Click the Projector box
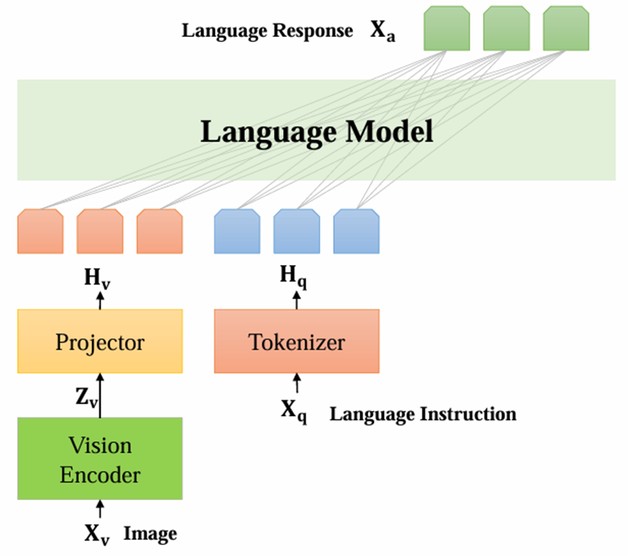pos(99,342)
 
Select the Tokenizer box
pos(296,342)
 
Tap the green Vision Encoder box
pos(99,459)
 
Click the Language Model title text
pos(317,133)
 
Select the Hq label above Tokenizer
pos(294,276)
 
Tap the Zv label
pos(84,397)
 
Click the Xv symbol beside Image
pos(97,534)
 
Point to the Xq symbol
pos(293,412)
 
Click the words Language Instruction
pos(423,414)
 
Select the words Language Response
pos(267,31)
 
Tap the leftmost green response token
pos(446,28)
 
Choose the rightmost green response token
pos(566,28)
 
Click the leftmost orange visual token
pos(40,232)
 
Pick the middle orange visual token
pos(99,232)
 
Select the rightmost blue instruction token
pos(356,232)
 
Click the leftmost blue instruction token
pos(237,232)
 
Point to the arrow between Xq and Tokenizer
pos(296,384)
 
